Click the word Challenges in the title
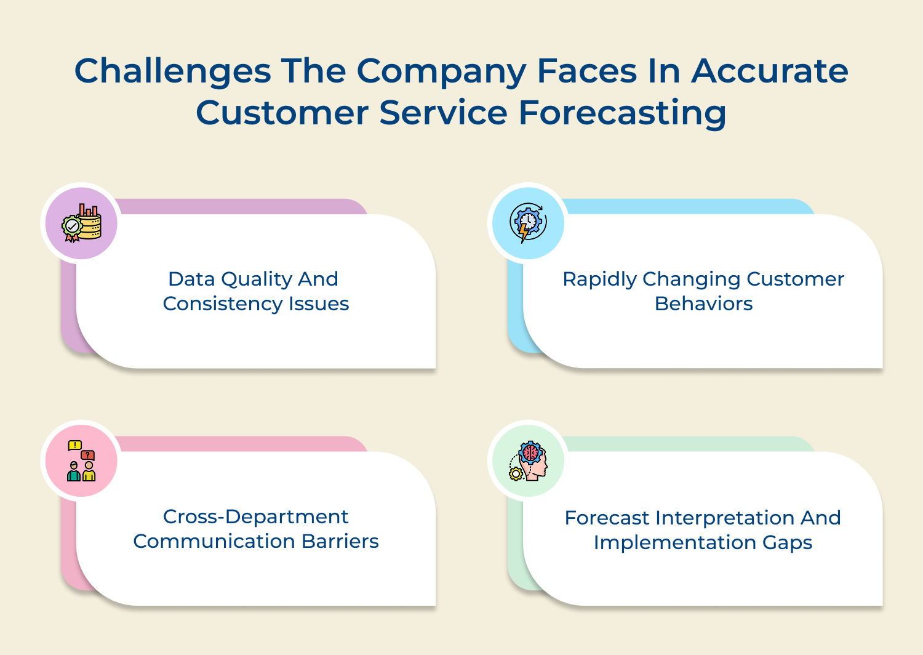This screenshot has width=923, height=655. click(172, 71)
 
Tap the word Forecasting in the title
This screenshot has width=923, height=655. click(622, 113)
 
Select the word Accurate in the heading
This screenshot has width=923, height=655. click(770, 71)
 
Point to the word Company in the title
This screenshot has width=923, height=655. click(441, 72)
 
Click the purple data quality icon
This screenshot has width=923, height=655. click(81, 223)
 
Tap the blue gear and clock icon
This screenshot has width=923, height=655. click(528, 223)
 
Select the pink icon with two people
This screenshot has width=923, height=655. click(81, 460)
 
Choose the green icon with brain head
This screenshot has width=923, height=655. click(528, 460)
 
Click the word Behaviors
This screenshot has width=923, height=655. click(703, 304)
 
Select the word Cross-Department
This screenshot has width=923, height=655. click(255, 516)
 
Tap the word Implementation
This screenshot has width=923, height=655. click(675, 543)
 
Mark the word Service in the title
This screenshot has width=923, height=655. click(444, 113)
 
